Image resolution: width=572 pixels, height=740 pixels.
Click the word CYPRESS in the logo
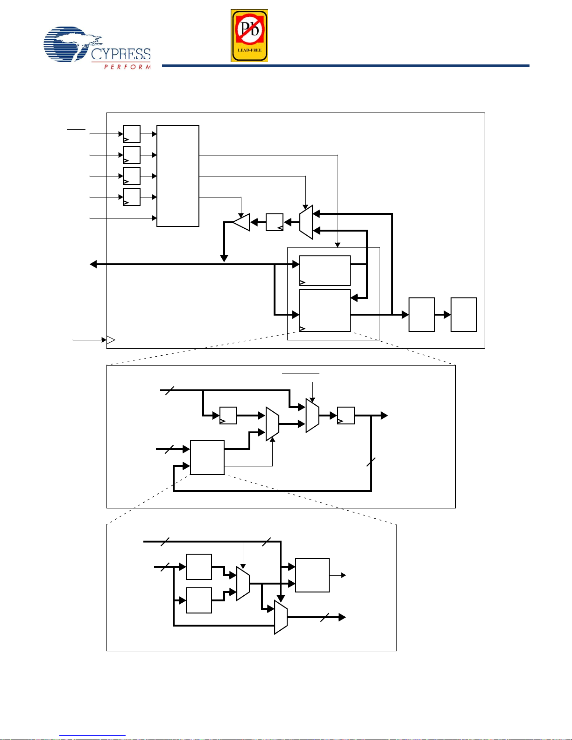tap(121, 54)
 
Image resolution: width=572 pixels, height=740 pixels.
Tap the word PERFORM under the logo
tap(127, 67)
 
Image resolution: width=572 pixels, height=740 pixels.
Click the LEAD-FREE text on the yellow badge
tap(249, 50)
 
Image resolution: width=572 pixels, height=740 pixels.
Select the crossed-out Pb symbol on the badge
tap(249, 29)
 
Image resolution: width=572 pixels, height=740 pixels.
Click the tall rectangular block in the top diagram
tap(178, 176)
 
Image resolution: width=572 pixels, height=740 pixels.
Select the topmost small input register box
tap(132, 134)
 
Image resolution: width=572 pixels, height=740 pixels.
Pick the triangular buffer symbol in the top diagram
tap(242, 222)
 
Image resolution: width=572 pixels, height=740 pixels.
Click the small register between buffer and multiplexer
tap(275, 222)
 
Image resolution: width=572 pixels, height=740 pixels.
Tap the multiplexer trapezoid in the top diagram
tap(306, 222)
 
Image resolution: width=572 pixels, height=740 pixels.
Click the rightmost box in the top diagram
tap(463, 315)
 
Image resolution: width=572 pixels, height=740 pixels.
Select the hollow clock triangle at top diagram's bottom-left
tap(111, 340)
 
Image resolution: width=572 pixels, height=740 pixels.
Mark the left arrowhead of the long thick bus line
tap(93, 264)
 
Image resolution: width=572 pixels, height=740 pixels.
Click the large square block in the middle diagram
tap(207, 458)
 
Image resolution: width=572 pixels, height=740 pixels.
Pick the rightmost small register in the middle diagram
tap(346, 416)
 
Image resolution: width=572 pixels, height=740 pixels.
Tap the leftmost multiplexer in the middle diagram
tap(272, 424)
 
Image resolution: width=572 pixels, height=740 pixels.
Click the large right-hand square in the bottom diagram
tap(312, 575)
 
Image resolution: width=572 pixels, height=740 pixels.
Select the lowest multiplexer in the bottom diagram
tap(281, 617)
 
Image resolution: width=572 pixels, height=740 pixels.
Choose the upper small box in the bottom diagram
tap(199, 567)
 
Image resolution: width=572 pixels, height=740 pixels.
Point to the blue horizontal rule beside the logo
tap(346, 66)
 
